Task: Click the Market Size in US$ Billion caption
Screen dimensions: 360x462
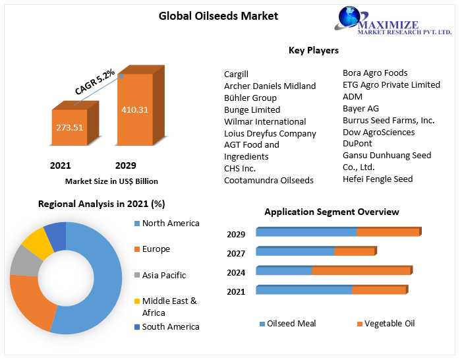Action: (x=111, y=181)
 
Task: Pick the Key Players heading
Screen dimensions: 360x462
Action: (x=313, y=50)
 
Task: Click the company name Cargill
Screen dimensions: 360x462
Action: (x=236, y=74)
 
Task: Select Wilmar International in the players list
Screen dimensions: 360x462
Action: (x=265, y=121)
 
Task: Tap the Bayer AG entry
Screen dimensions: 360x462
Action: (x=361, y=108)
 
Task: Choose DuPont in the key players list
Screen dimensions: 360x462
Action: (x=357, y=144)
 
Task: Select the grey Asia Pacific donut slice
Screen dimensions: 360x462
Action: (x=24, y=261)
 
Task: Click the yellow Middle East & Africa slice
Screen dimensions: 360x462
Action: (x=38, y=242)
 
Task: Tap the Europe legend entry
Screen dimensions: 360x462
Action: (x=156, y=249)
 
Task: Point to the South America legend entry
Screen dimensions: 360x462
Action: (x=170, y=326)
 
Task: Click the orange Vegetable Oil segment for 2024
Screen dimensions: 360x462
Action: (x=361, y=270)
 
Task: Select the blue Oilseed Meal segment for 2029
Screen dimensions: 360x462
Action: (x=306, y=232)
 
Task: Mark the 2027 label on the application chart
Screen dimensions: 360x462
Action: (x=236, y=253)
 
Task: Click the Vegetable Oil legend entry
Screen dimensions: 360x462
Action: (x=389, y=323)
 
